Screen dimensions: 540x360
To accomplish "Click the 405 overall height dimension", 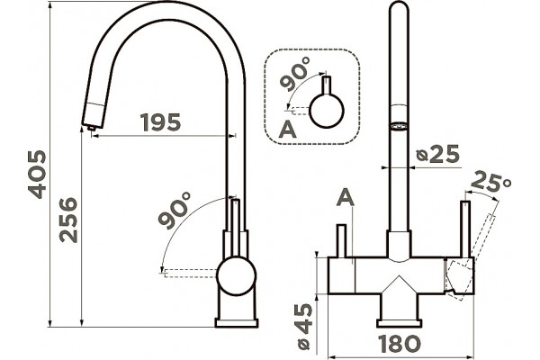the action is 37,175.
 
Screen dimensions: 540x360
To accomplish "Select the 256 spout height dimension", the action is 68,220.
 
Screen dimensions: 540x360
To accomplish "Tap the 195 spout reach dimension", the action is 160,122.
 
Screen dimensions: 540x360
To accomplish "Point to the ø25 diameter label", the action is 437,154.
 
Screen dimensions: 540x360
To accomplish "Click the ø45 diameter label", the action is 304,327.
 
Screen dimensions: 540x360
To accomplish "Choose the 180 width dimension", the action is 400,344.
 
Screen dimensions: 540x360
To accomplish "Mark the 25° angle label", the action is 490,182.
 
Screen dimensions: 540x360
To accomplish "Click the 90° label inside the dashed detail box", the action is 295,74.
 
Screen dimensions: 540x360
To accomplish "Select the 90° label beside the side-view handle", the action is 175,210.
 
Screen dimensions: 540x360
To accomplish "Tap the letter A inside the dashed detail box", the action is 288,130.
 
